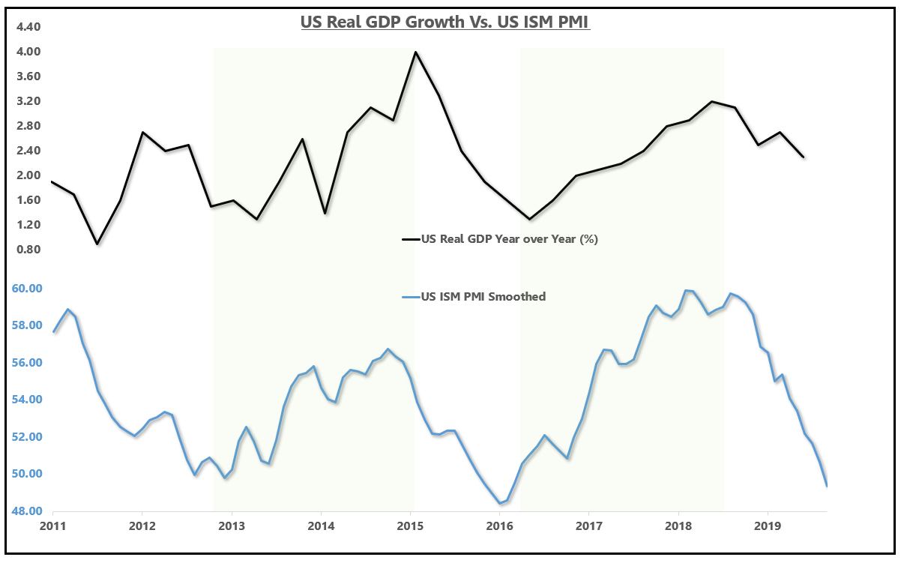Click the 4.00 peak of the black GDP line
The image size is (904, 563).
(x=415, y=52)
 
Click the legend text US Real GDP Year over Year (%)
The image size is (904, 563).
(x=509, y=239)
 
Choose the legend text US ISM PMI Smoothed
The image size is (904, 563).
(x=483, y=296)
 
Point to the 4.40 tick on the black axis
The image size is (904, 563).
(x=27, y=27)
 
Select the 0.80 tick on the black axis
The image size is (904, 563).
(x=27, y=250)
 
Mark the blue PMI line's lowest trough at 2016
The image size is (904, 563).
(x=500, y=503)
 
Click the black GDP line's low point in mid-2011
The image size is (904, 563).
(x=97, y=244)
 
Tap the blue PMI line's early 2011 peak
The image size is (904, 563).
(x=68, y=309)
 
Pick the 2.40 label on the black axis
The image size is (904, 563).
(x=27, y=151)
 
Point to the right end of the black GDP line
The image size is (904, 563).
(x=804, y=157)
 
